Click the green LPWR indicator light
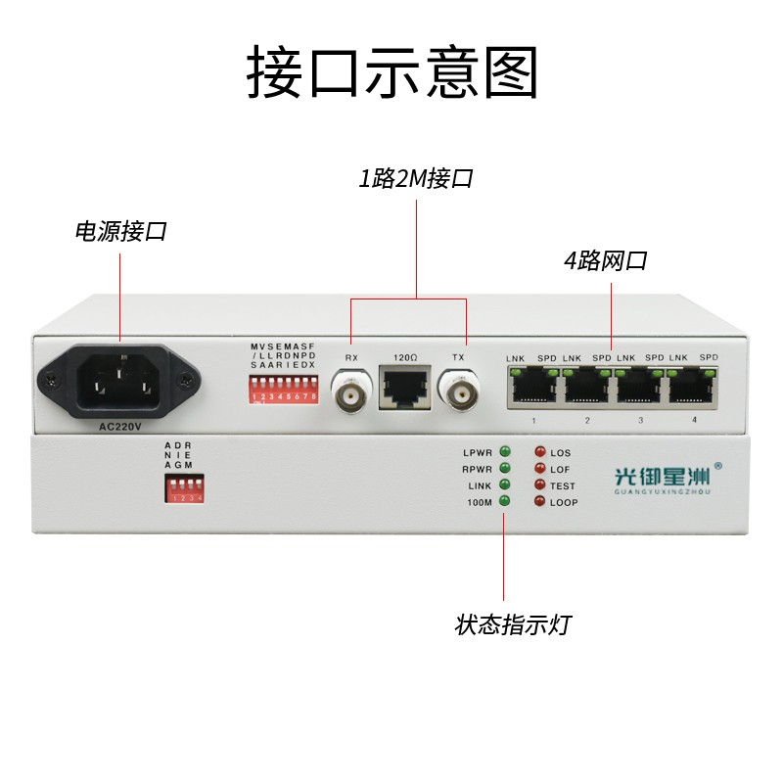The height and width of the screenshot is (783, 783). tap(505, 451)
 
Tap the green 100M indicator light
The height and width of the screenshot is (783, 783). tap(505, 501)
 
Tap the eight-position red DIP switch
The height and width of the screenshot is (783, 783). tap(284, 392)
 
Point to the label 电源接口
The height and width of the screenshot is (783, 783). tap(121, 232)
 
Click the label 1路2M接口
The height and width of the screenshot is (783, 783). tap(416, 179)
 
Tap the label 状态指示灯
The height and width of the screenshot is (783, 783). tap(512, 624)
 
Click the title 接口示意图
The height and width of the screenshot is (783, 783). tap(391, 72)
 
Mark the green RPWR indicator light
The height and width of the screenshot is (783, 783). tap(505, 468)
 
